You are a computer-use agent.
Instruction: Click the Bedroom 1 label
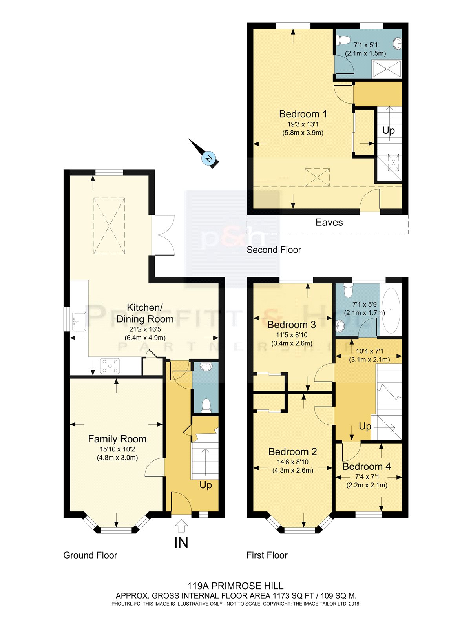tap(303, 114)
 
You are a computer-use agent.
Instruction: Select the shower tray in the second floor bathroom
tap(387, 69)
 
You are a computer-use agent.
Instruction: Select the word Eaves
tap(329, 223)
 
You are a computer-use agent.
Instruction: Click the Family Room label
tap(117, 439)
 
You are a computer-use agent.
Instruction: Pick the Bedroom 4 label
tap(366, 466)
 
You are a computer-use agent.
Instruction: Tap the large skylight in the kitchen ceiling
tap(110, 226)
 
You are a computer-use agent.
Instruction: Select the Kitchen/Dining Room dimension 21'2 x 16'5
tap(145, 329)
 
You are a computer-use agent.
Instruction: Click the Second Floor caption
tap(274, 250)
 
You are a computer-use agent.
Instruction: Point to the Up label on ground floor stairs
tap(206, 485)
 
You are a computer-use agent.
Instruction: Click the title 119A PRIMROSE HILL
tap(235, 586)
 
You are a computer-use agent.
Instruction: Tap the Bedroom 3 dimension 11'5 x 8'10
tap(292, 335)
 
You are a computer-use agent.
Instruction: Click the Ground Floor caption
tap(90, 555)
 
